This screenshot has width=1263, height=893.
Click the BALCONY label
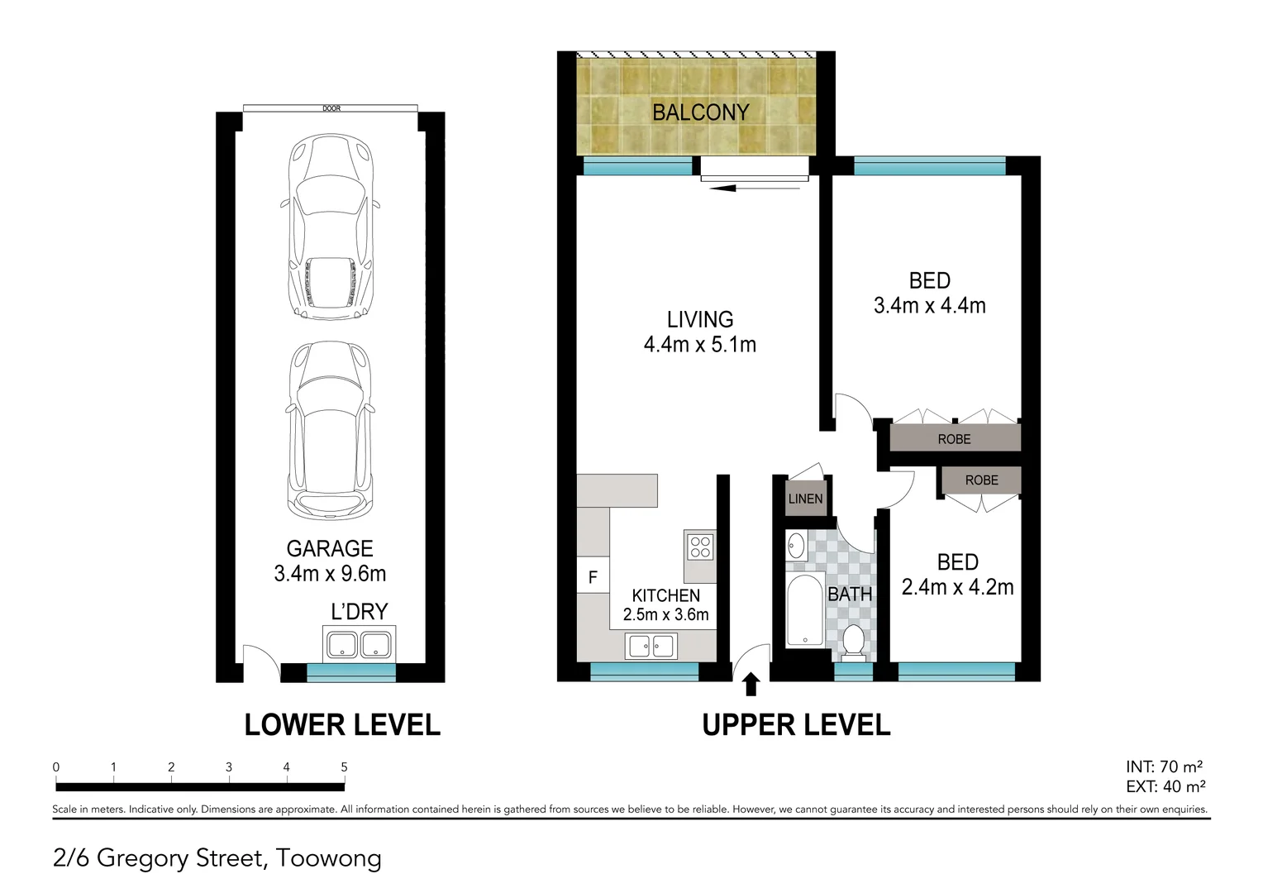pyautogui.click(x=700, y=112)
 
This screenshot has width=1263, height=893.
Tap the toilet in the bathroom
pyautogui.click(x=853, y=642)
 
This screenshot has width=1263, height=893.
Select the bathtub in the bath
pyautogui.click(x=803, y=611)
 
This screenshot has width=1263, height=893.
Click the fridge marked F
pyautogui.click(x=593, y=577)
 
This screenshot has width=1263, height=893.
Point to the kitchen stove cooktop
pyautogui.click(x=699, y=547)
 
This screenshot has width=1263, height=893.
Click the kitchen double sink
pyautogui.click(x=651, y=646)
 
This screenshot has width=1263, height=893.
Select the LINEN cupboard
pyautogui.click(x=805, y=499)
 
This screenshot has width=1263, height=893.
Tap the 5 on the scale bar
pyautogui.click(x=344, y=767)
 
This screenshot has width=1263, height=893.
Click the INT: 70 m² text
pyautogui.click(x=1164, y=767)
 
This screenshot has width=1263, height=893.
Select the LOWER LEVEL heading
pyautogui.click(x=342, y=725)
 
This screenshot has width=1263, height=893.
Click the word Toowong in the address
pyautogui.click(x=328, y=858)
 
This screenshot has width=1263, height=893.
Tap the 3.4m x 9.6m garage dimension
pyautogui.click(x=330, y=574)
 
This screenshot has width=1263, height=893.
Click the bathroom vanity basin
pyautogui.click(x=795, y=546)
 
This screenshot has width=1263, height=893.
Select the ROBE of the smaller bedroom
pyautogui.click(x=981, y=480)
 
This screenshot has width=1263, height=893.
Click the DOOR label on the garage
pyautogui.click(x=331, y=108)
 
